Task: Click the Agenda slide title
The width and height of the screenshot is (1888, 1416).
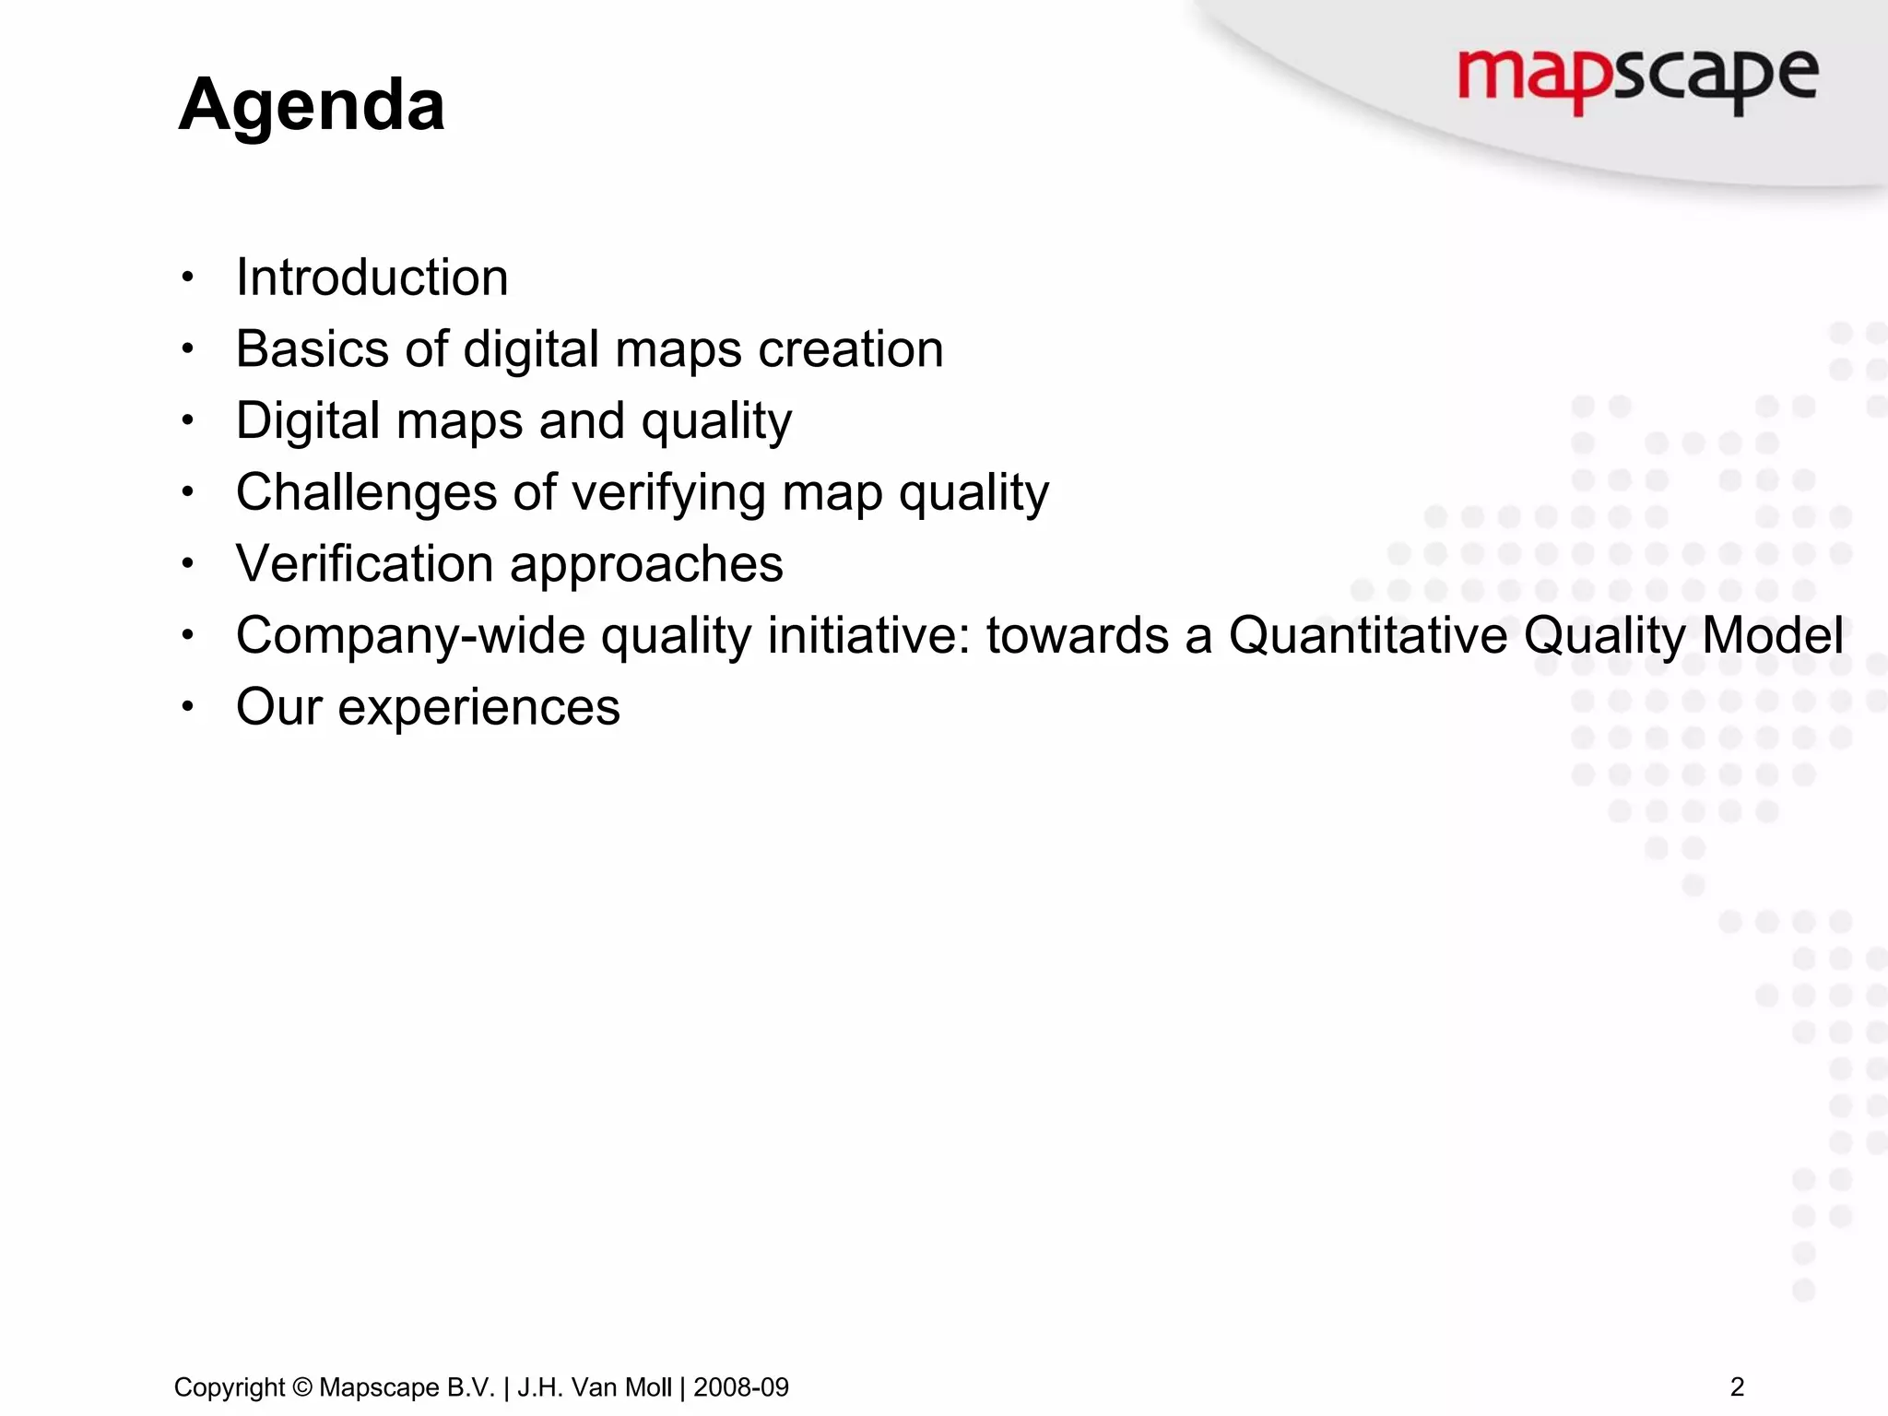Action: point(312,105)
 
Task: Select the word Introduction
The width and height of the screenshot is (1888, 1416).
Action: point(372,277)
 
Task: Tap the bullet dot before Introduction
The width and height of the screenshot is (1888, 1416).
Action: point(188,277)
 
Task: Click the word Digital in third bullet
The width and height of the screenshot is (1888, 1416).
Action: point(308,421)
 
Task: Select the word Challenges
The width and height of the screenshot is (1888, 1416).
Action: point(366,492)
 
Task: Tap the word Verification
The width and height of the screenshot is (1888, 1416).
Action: point(364,564)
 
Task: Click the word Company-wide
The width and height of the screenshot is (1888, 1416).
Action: point(410,636)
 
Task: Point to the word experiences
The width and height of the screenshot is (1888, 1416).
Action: point(478,708)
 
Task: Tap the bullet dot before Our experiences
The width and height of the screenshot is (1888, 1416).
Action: point(188,707)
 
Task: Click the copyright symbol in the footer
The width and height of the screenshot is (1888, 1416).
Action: point(302,1387)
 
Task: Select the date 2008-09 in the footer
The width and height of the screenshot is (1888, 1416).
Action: point(741,1387)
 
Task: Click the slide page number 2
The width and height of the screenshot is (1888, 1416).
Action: point(1737,1386)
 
